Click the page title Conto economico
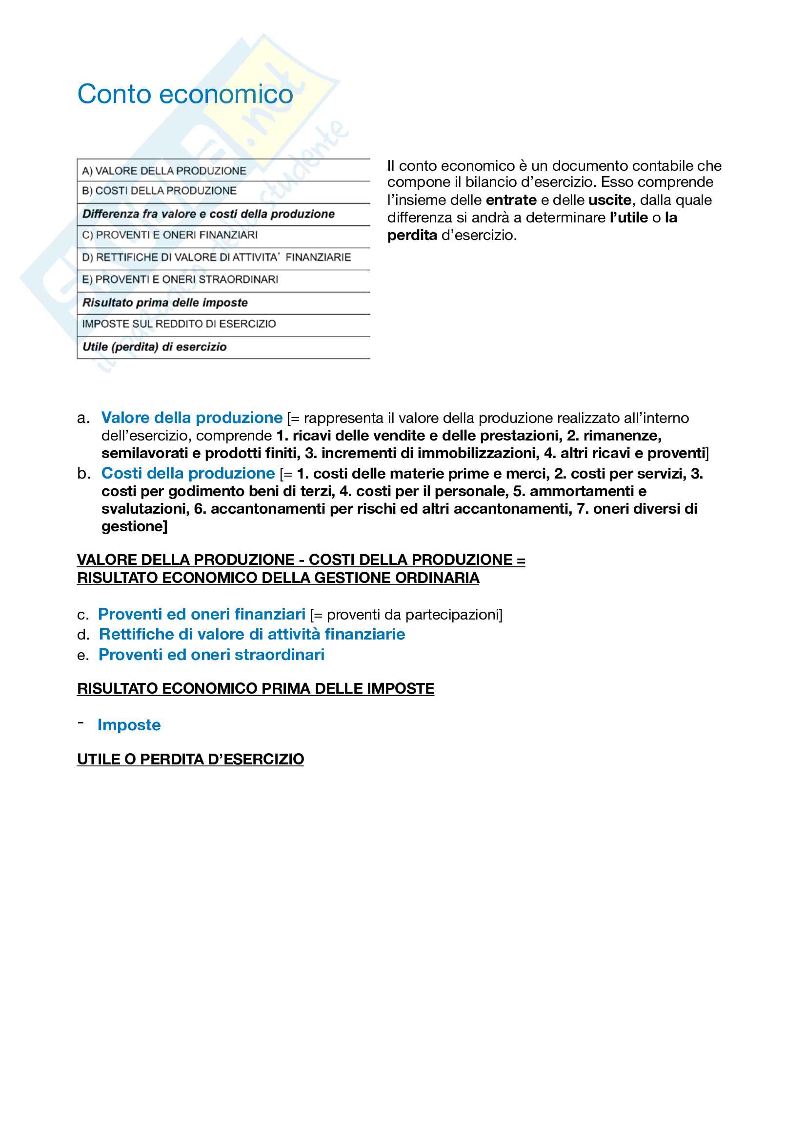(x=185, y=94)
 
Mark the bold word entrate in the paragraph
(x=511, y=200)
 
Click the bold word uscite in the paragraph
(x=609, y=200)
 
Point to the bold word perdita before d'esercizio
(x=412, y=235)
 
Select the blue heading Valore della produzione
(x=192, y=418)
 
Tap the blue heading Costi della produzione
(x=188, y=474)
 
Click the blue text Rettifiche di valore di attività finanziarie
(x=252, y=634)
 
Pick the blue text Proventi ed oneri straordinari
(x=211, y=655)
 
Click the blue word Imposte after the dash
(x=129, y=725)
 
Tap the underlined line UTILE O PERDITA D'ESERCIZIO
(x=190, y=760)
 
